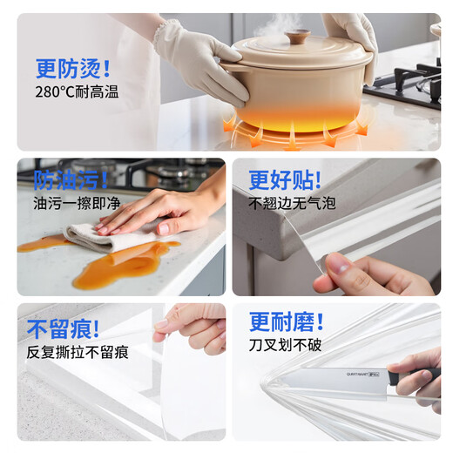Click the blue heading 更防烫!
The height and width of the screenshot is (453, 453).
click(73, 68)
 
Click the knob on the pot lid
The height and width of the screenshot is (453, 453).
click(298, 37)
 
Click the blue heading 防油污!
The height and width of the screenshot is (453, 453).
click(71, 179)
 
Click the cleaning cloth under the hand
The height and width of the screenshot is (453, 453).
click(100, 237)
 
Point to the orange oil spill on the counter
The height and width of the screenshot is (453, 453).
click(122, 266)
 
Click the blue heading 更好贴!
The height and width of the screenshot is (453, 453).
click(285, 179)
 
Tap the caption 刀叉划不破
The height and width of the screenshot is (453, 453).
click(285, 345)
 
